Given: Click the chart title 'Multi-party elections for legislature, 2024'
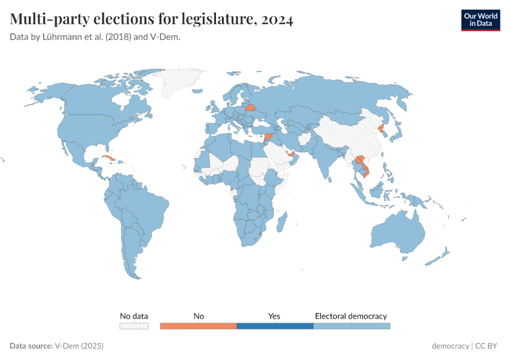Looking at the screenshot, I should click(x=151, y=20).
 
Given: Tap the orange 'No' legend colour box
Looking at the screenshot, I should click(x=199, y=326).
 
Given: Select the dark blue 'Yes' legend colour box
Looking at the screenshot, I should click(x=275, y=326).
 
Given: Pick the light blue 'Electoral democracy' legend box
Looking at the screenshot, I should click(x=352, y=326).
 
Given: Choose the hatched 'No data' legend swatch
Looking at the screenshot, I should click(x=134, y=326).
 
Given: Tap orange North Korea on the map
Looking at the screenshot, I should click(x=380, y=128).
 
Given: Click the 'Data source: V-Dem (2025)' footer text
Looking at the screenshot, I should click(x=57, y=346).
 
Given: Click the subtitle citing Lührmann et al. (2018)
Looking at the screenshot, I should click(x=95, y=37).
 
